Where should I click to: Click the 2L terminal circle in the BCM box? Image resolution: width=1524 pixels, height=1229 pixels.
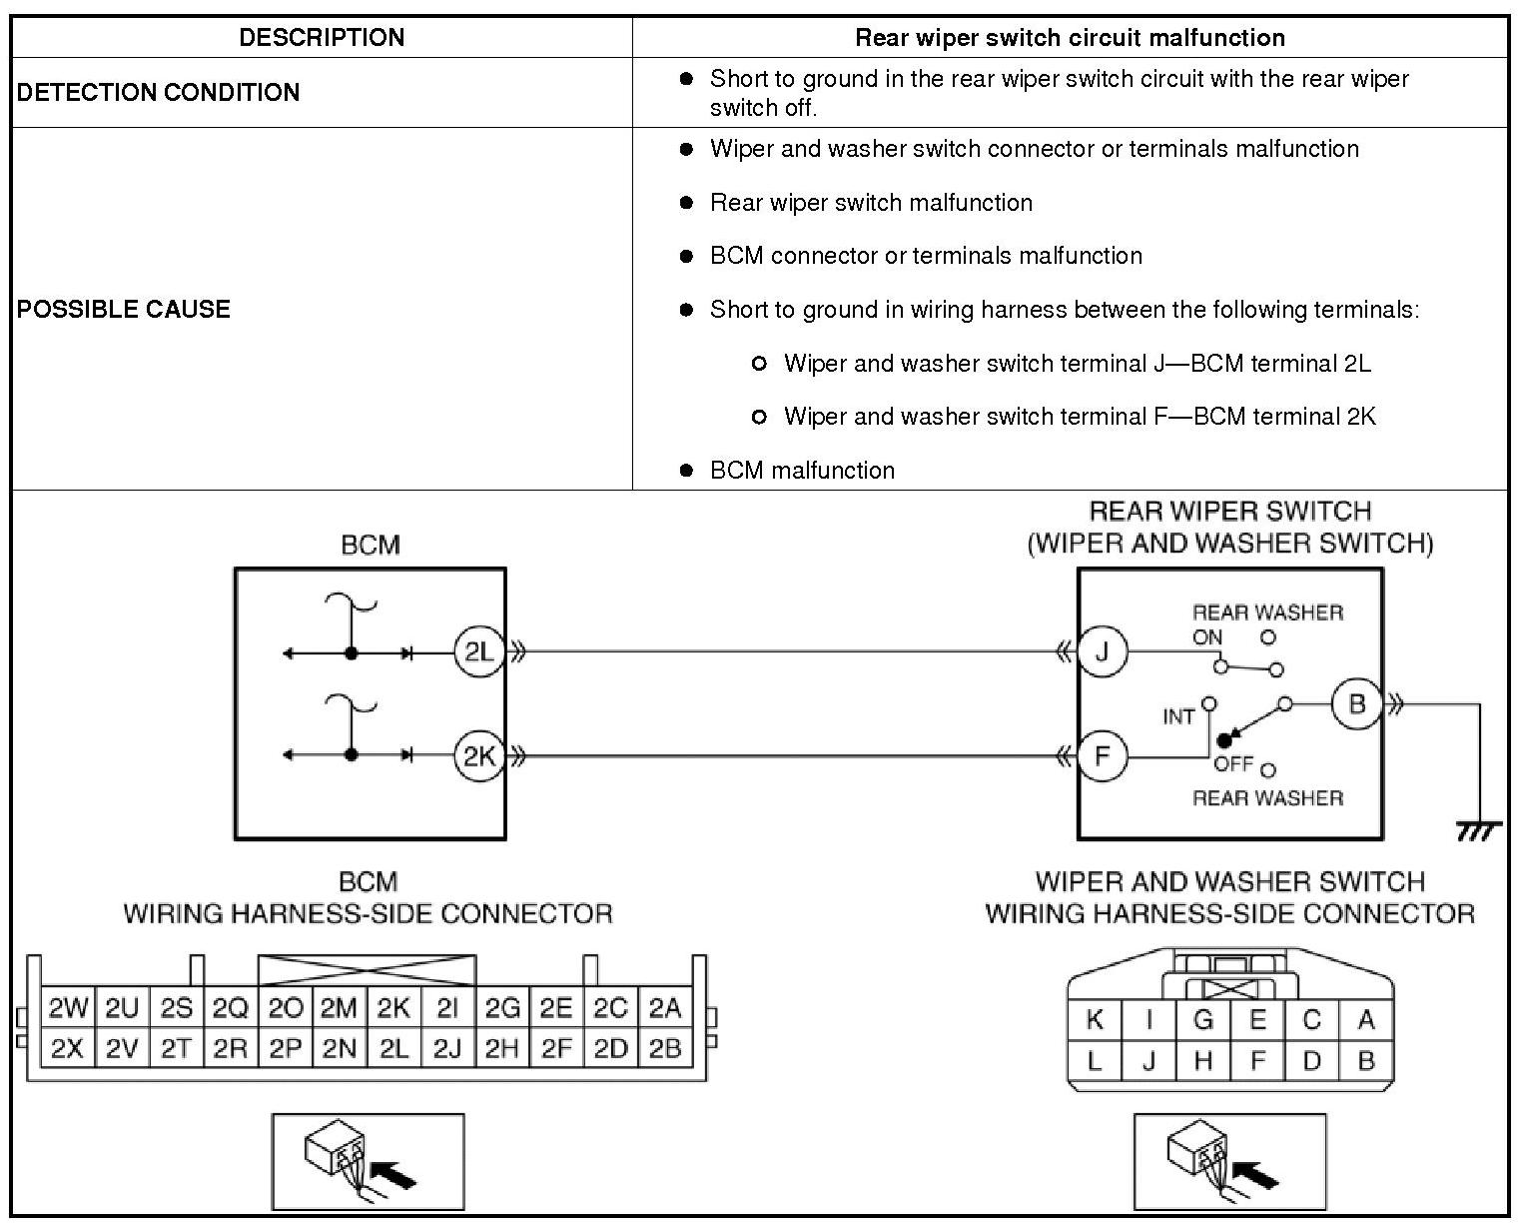coord(478,652)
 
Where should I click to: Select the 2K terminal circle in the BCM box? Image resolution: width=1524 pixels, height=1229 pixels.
coord(478,755)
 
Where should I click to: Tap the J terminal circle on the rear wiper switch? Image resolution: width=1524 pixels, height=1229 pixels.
coord(1103,652)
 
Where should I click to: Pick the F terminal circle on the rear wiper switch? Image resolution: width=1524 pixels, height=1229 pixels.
coord(1103,755)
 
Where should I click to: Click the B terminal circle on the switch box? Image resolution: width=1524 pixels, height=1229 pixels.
coord(1356,704)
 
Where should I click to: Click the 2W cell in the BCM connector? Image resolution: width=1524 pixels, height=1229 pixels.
coord(68,1009)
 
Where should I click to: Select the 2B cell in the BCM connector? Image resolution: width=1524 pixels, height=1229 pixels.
coord(665,1049)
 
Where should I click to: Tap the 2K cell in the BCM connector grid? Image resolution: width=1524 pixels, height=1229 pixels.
coord(393,1009)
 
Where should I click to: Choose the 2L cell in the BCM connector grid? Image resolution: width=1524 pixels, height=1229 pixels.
coord(393,1049)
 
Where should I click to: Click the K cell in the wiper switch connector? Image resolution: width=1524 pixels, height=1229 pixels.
coord(1095,1020)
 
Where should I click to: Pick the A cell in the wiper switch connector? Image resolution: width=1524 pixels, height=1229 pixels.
coord(1366,1020)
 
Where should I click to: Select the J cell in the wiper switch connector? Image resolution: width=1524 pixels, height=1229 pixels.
coord(1148,1061)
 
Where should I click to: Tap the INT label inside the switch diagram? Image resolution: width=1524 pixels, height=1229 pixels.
coord(1178,716)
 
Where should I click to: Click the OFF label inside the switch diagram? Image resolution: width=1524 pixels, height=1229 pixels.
coord(1233,764)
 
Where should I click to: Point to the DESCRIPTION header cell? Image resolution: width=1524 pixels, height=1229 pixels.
coord(322,38)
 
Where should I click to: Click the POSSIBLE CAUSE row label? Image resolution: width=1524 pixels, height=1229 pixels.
coord(124,309)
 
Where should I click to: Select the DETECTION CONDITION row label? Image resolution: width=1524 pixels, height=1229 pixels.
coord(158,92)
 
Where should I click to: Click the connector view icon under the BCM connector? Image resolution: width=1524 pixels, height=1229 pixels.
coord(368,1161)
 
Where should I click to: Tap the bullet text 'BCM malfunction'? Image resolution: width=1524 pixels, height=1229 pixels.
coord(802,471)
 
